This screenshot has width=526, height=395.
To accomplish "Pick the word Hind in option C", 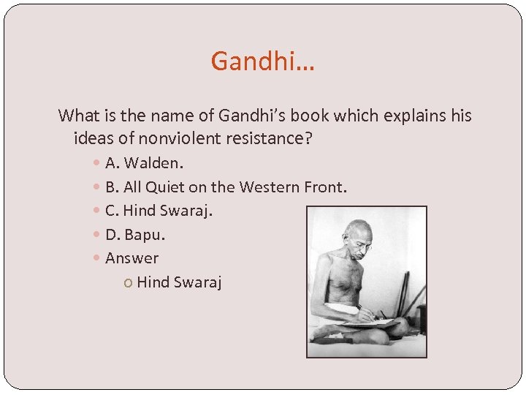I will [x=136, y=211].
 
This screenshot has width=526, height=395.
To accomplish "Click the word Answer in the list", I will [x=131, y=258].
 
